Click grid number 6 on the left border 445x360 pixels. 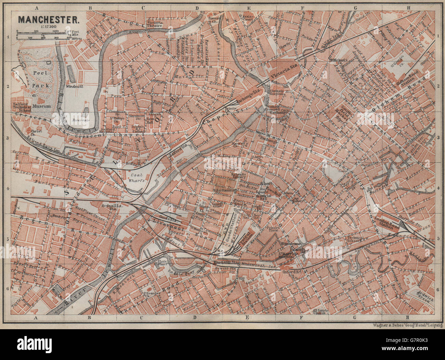click(7, 290)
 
